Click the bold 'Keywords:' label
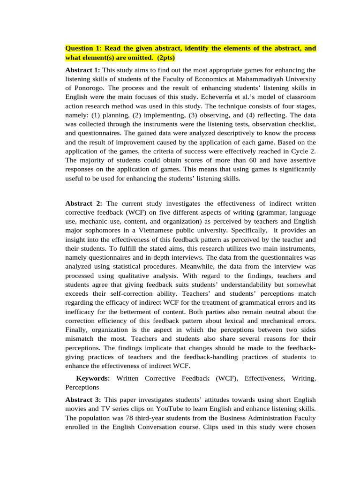pos(93,377)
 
